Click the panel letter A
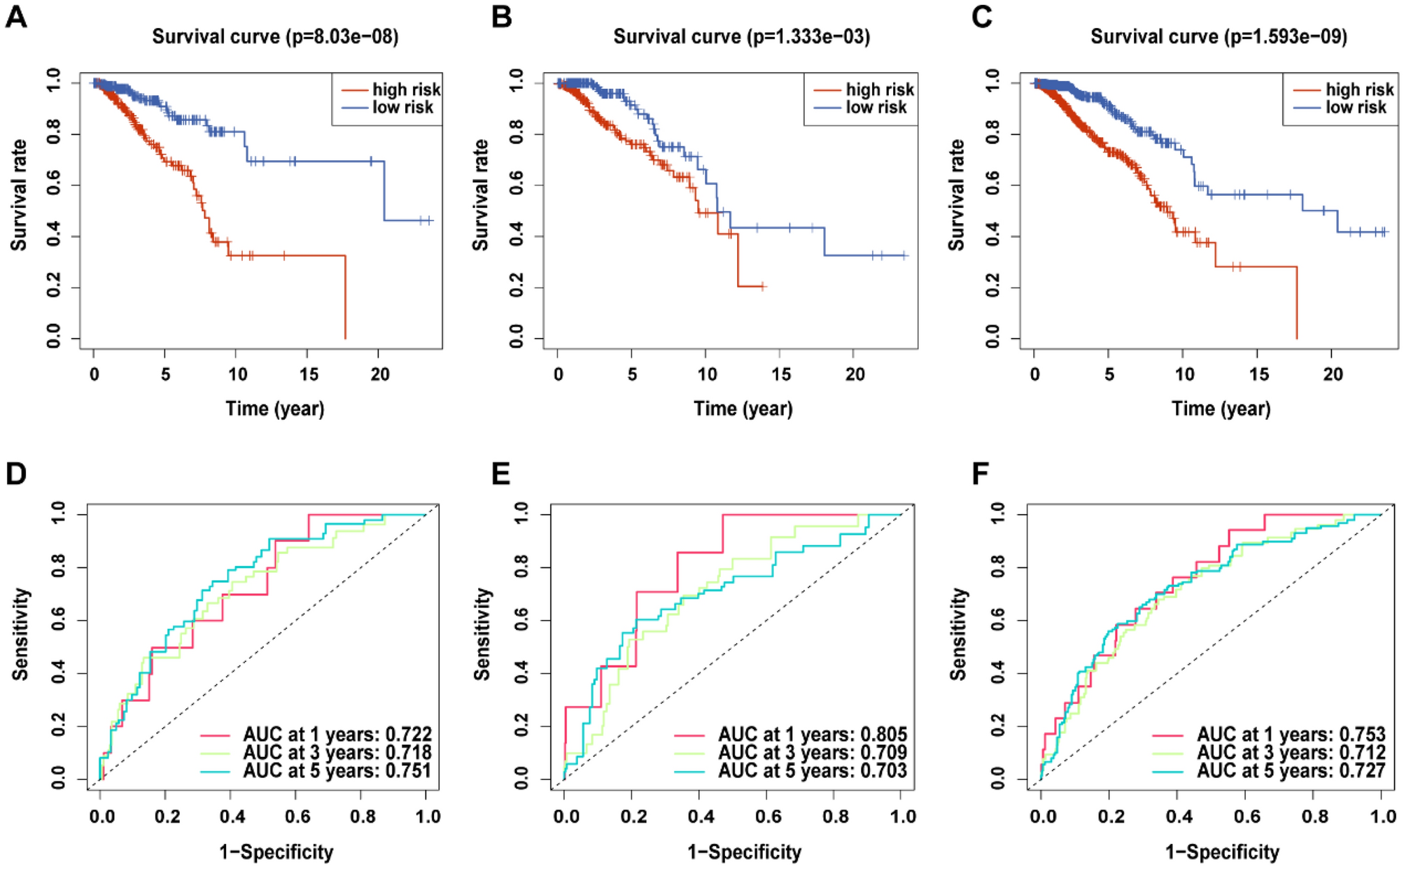point(16,16)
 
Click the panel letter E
point(500,474)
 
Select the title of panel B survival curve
point(741,36)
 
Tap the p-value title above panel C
point(1219,36)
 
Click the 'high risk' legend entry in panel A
point(406,90)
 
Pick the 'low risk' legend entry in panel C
point(1356,107)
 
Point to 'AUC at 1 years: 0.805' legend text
point(812,735)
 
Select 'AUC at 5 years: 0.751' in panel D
point(337,771)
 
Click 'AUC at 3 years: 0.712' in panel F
point(1291,753)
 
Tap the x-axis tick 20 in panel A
point(380,374)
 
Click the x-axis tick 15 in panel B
point(781,374)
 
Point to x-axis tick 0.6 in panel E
point(768,817)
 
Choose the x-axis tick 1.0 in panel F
point(1383,817)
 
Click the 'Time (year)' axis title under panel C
point(1221,409)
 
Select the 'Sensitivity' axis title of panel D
point(20,634)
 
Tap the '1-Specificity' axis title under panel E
point(744,852)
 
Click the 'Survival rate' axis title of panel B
point(480,195)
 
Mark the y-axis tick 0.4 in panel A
point(53,236)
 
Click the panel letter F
point(981,474)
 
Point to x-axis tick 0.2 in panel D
point(167,817)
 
